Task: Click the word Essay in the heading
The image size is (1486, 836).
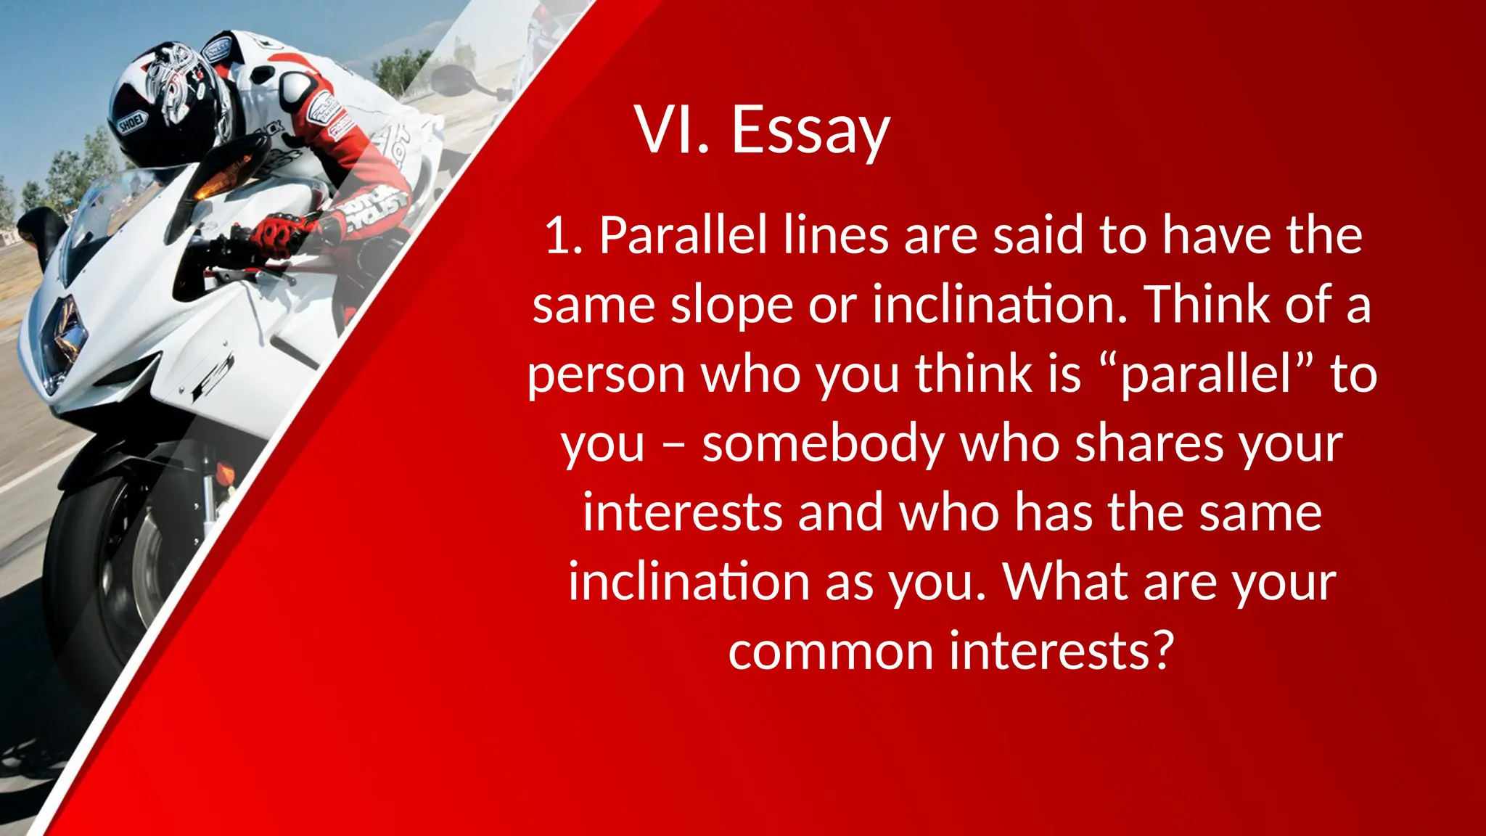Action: (x=810, y=131)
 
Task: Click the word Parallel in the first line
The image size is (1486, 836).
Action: (x=683, y=236)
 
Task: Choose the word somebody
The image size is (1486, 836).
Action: (x=824, y=444)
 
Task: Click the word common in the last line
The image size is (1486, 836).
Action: (x=830, y=651)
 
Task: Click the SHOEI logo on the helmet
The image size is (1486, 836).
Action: (x=132, y=123)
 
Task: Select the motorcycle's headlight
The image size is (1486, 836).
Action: (x=62, y=341)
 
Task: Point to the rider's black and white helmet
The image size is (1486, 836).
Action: (x=171, y=102)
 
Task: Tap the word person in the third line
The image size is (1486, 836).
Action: (x=605, y=375)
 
